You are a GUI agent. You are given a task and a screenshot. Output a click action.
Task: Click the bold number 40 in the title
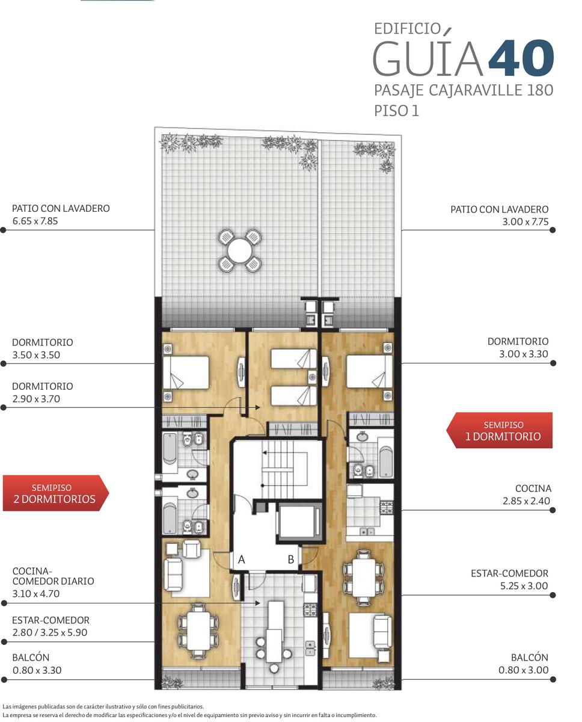click(x=521, y=58)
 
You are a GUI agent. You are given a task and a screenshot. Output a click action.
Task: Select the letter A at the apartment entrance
click(x=241, y=560)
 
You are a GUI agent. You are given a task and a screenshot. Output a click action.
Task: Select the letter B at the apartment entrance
click(x=290, y=560)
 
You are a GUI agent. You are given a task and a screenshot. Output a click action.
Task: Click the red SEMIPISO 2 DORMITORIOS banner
click(x=56, y=493)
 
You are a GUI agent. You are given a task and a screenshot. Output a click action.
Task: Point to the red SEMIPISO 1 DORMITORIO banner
click(x=499, y=430)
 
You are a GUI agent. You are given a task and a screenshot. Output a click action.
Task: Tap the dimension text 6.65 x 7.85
click(x=35, y=221)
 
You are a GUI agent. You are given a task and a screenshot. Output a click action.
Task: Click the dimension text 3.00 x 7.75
click(x=525, y=222)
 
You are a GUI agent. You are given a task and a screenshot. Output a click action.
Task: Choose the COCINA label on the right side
click(x=533, y=488)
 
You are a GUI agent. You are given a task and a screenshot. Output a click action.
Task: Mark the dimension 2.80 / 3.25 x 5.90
click(x=50, y=632)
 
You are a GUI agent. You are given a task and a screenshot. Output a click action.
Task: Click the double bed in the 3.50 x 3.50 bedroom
click(x=186, y=372)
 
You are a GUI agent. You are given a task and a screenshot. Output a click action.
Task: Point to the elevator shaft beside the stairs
click(x=298, y=522)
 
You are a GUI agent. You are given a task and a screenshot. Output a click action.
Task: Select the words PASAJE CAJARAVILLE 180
click(x=464, y=91)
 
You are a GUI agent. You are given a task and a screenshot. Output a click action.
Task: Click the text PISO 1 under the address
click(x=396, y=111)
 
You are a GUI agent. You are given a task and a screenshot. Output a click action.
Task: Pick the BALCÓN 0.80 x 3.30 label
click(x=37, y=664)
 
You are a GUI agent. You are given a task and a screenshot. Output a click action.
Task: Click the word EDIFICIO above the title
click(x=408, y=29)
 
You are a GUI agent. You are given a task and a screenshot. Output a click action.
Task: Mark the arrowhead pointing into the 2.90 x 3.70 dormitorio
click(x=257, y=407)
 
